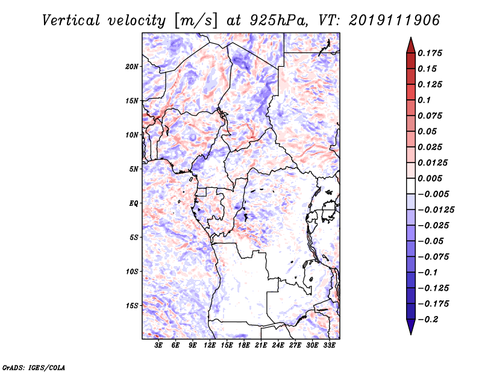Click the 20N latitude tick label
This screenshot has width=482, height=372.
point(132,66)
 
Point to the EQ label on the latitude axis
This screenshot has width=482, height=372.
point(134,203)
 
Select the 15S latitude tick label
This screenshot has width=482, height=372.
point(132,305)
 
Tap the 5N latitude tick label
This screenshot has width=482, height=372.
point(134,169)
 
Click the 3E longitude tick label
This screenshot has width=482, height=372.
point(159,346)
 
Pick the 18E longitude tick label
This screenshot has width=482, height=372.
point(243,346)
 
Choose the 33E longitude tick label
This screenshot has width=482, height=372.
point(329,346)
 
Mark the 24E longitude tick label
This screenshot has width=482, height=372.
point(278,346)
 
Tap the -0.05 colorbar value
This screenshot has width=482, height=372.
point(433,241)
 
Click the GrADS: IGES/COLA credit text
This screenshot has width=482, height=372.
point(25,367)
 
